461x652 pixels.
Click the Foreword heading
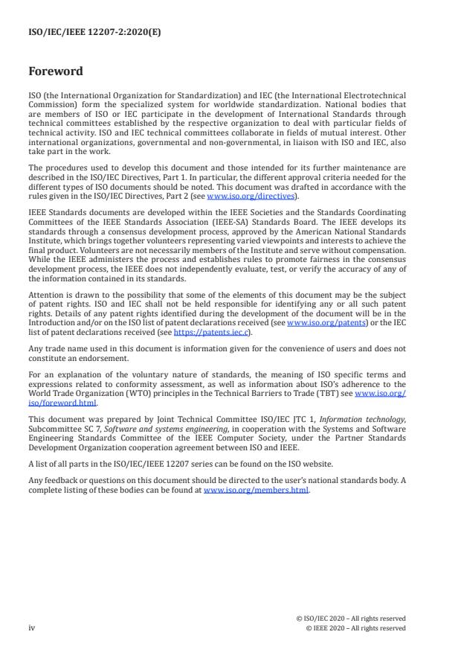56,71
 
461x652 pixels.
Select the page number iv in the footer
31,627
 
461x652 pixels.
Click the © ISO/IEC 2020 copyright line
352,619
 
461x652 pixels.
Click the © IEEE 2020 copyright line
355,627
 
